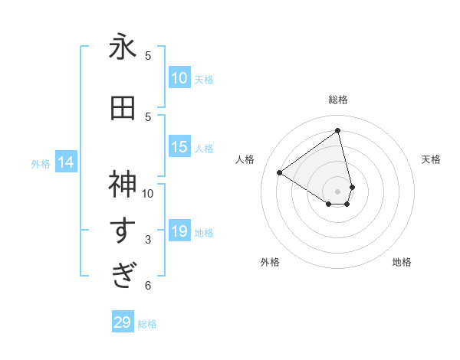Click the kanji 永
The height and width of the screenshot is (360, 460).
tap(123, 49)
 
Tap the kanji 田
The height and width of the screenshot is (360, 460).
tap(123, 110)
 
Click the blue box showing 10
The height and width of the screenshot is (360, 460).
tap(179, 78)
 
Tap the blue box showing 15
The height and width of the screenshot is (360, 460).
tap(179, 147)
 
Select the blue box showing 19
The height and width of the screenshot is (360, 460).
tap(179, 231)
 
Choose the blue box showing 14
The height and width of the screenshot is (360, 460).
tap(66, 162)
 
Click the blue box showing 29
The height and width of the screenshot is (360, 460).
tap(123, 322)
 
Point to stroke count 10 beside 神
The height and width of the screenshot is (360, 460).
tap(148, 193)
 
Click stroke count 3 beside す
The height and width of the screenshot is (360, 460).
tap(148, 240)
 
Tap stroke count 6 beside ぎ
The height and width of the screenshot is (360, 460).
tap(148, 286)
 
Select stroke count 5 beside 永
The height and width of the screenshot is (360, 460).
tap(148, 56)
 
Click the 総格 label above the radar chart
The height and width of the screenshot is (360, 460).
tap(338, 100)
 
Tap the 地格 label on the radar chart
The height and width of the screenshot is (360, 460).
tap(402, 262)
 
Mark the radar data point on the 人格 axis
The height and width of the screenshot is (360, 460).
tap(280, 172)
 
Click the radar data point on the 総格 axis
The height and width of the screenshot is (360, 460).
tap(338, 130)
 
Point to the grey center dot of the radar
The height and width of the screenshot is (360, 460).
tap(338, 191)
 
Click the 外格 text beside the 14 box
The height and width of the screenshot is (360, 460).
tap(40, 163)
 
